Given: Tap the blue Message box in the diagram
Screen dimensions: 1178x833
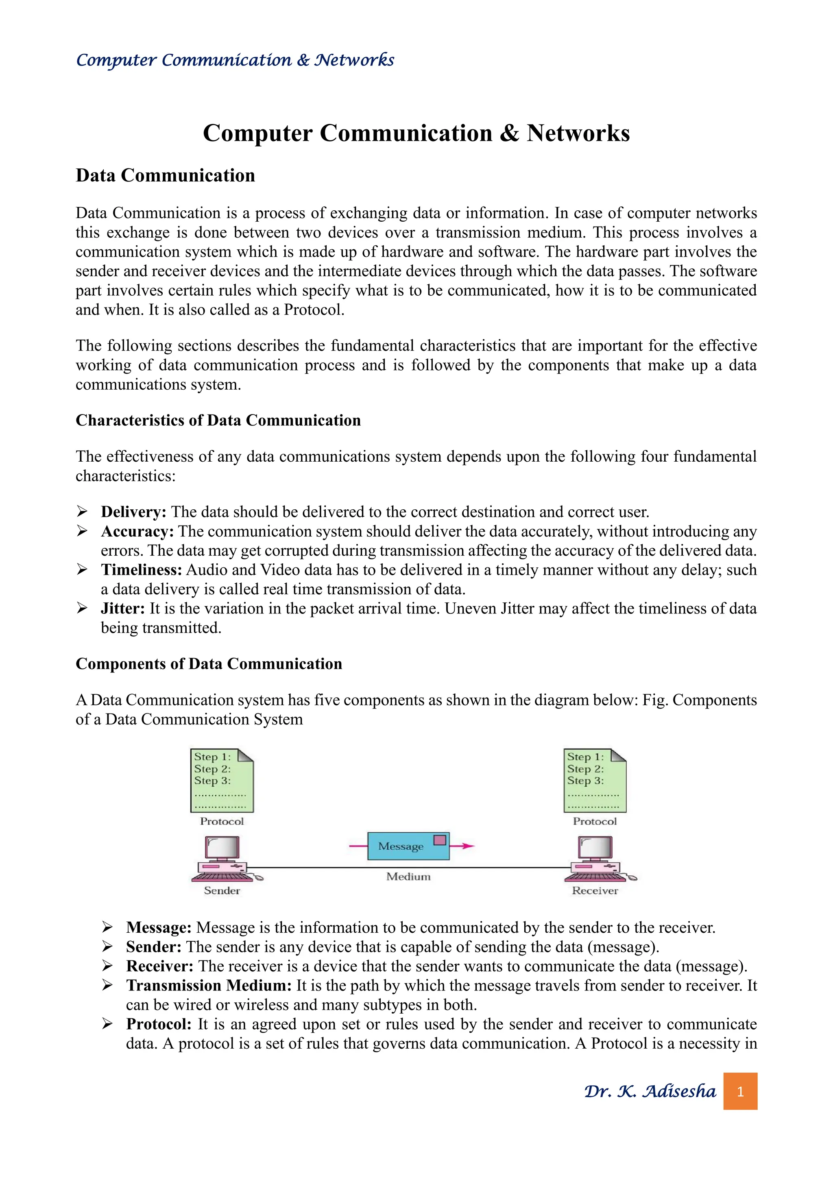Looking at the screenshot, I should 408,846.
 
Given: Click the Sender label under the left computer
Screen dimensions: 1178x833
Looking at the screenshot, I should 222,891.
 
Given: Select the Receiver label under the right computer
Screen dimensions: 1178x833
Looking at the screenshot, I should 595,891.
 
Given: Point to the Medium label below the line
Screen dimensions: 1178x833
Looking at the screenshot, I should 408,876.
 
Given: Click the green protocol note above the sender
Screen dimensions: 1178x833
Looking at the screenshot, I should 222,780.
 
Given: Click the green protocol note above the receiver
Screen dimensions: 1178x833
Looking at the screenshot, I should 595,780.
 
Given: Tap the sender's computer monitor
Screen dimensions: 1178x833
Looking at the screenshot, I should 222,847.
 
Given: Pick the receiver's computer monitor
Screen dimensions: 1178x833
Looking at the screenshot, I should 595,847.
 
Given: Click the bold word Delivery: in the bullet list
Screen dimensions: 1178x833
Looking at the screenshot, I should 133,512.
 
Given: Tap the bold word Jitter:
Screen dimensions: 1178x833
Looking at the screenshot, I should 122,609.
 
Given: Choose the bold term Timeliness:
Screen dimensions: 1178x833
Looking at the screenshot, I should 141,570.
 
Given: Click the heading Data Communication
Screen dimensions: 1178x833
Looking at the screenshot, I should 165,175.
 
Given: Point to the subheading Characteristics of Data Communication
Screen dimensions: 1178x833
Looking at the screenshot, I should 218,420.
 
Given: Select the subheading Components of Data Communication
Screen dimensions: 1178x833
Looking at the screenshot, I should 209,664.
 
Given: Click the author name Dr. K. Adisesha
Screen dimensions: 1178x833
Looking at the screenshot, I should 650,1091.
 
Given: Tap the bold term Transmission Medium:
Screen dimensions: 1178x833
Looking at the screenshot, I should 209,986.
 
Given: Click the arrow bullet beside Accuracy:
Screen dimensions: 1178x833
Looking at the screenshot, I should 82,531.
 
